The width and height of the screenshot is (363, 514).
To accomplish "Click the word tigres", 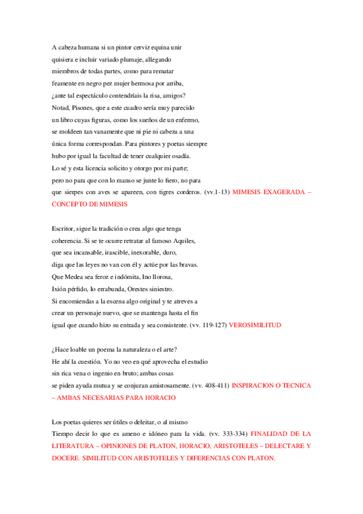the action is pos(159,192).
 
